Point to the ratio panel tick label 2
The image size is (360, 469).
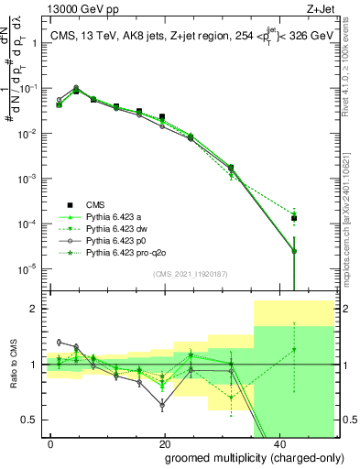tap(37, 309)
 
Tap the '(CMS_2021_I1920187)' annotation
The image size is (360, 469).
tap(190, 274)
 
